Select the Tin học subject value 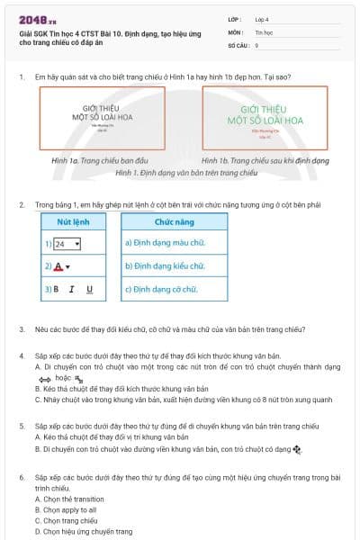pos(264,31)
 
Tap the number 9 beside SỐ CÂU pos(257,44)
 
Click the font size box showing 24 pos(67,244)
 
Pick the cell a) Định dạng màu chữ pos(166,244)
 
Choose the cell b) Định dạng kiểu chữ pos(167,267)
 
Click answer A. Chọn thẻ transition pos(70,499)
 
